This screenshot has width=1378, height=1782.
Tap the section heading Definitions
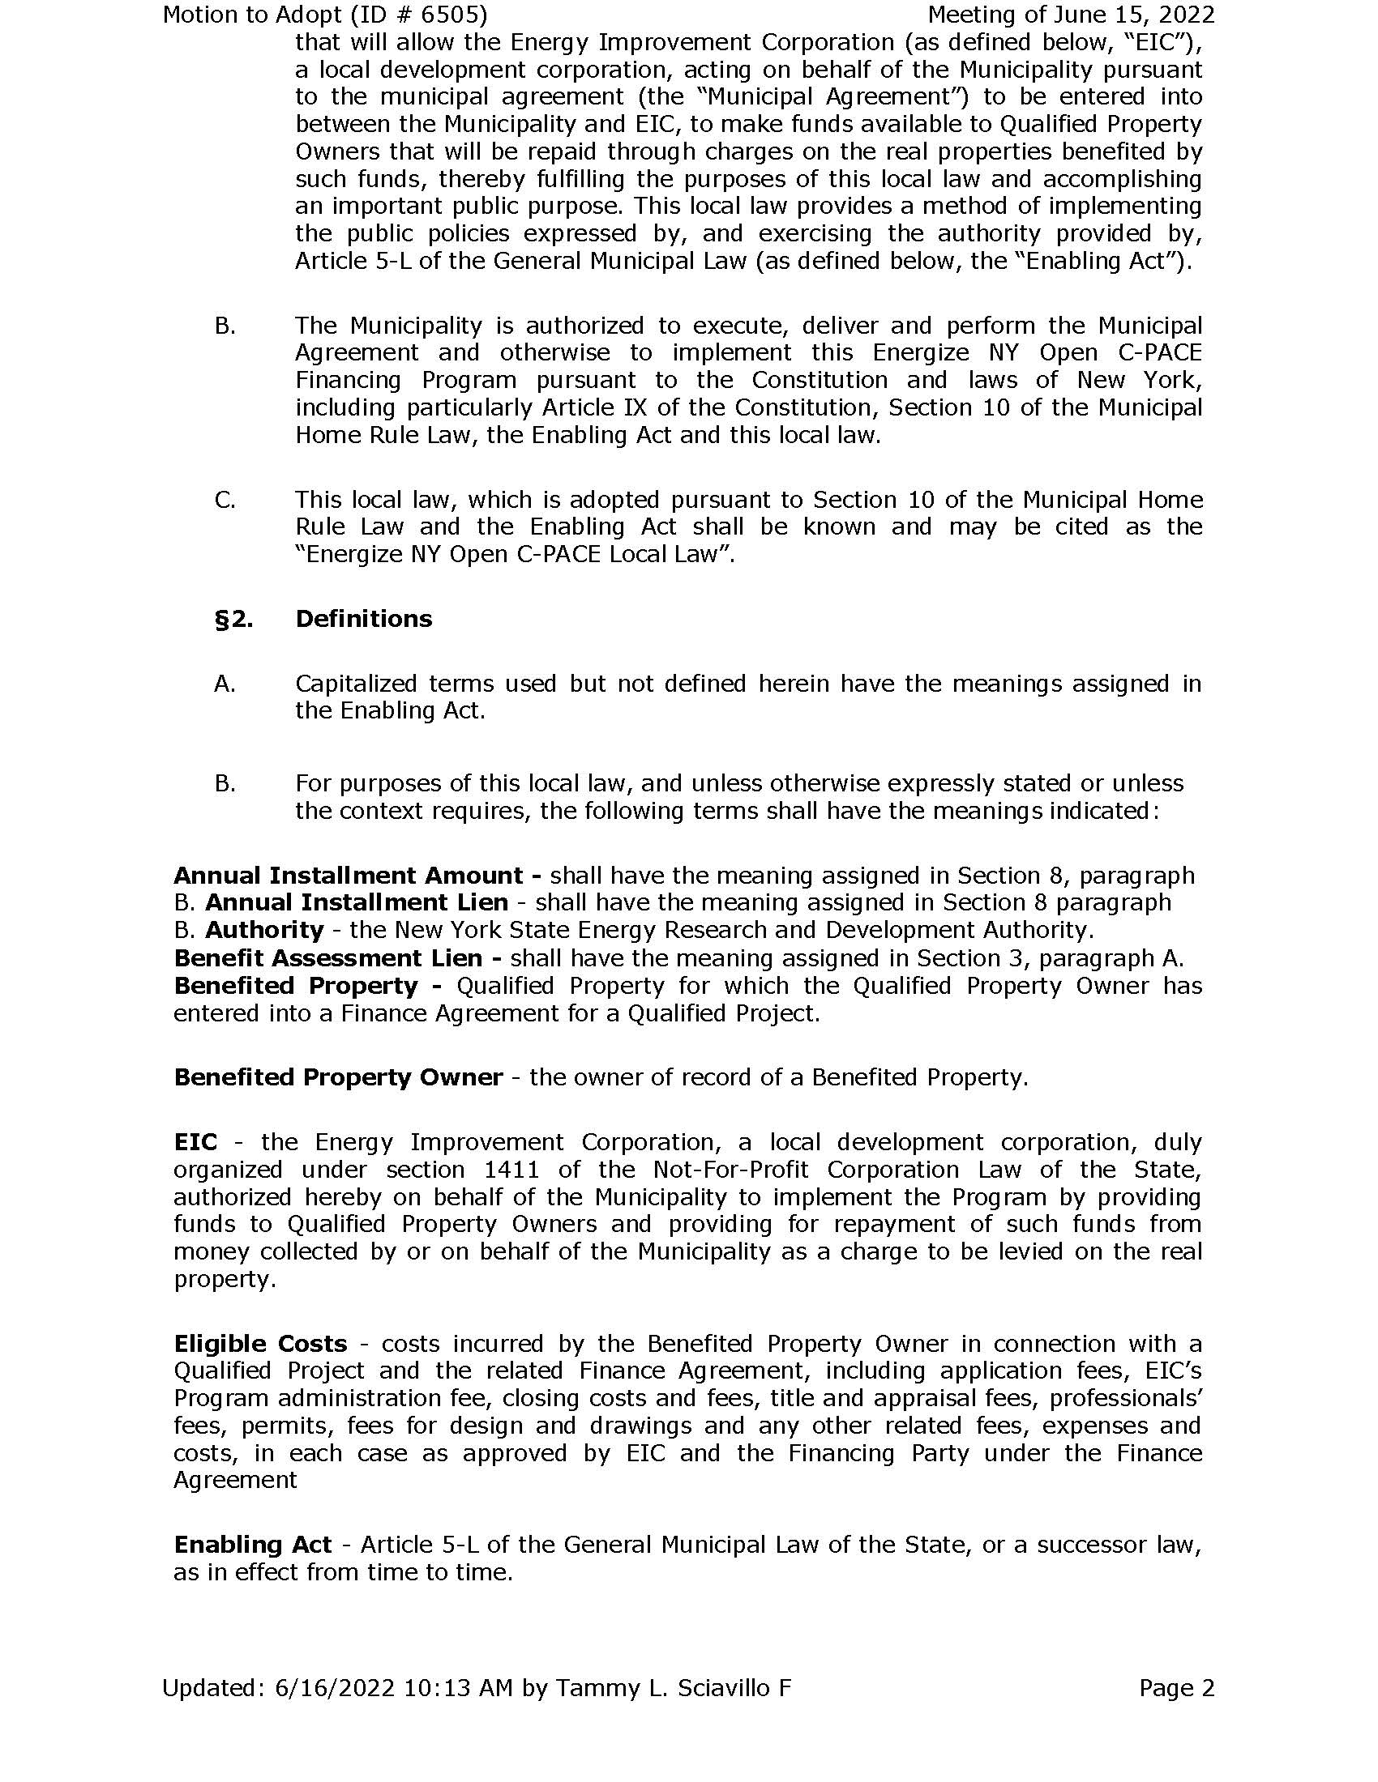[x=363, y=619]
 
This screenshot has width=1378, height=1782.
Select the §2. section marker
[x=233, y=620]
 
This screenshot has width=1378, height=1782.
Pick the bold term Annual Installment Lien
[x=356, y=902]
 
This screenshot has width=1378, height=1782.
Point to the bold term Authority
[x=263, y=930]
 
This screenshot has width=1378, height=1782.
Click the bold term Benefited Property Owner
[x=338, y=1077]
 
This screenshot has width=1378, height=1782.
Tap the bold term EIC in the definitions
[x=195, y=1141]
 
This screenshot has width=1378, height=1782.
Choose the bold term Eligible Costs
[x=260, y=1344]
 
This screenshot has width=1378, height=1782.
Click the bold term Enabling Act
[x=253, y=1545]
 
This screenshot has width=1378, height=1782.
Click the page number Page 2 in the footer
[x=1176, y=1687]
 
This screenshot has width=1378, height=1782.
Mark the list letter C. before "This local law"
[x=225, y=499]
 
